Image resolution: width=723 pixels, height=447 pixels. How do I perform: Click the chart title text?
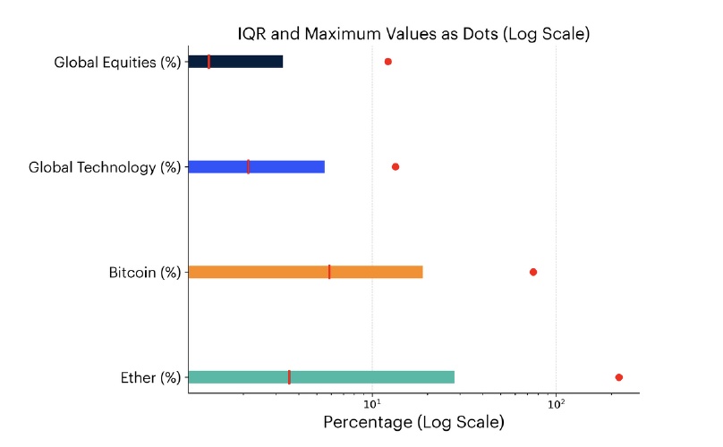tap(413, 35)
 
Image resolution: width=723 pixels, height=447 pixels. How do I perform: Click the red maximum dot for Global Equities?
tap(387, 62)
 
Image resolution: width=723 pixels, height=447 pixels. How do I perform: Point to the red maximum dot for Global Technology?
tap(396, 167)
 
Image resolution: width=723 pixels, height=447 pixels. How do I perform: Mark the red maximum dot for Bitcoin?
tap(533, 272)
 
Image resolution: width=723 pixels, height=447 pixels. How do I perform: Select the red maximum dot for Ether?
tap(618, 377)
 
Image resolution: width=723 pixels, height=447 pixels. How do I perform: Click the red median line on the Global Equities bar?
tap(208, 62)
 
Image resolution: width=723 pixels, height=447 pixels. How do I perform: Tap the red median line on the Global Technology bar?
tap(248, 167)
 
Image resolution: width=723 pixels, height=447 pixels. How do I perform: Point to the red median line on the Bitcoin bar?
tap(329, 272)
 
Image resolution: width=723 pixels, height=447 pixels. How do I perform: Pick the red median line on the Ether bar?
tap(289, 377)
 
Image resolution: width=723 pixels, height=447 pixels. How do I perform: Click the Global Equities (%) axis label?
tap(117, 63)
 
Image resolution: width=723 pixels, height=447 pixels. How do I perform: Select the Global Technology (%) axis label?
tap(105, 167)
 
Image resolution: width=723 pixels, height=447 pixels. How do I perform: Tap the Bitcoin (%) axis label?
tap(145, 273)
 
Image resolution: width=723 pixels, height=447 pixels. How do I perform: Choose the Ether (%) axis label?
tap(150, 377)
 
